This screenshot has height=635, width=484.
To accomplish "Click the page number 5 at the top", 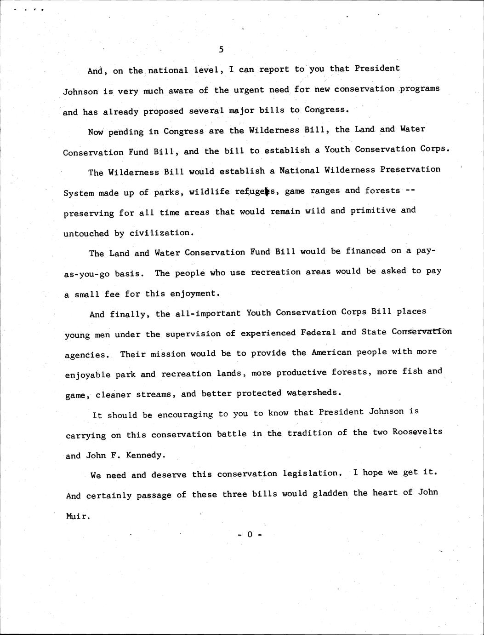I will [x=221, y=49].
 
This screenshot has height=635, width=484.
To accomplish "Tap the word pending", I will [x=126, y=132].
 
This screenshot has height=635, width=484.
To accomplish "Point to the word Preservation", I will [x=410, y=169].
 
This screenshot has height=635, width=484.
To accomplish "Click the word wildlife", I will [x=209, y=191].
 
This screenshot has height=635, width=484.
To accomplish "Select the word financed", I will [x=365, y=251].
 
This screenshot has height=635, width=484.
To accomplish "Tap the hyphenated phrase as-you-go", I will [x=86, y=274].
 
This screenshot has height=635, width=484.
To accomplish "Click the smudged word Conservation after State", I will [x=421, y=331].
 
